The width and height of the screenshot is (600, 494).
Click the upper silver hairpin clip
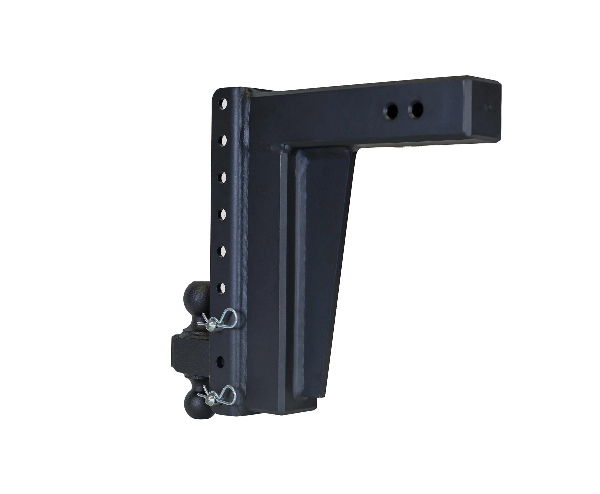click(x=220, y=320)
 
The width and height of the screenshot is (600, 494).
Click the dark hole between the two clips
click(x=220, y=362)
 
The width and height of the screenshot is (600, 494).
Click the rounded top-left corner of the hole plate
click(x=218, y=92)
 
